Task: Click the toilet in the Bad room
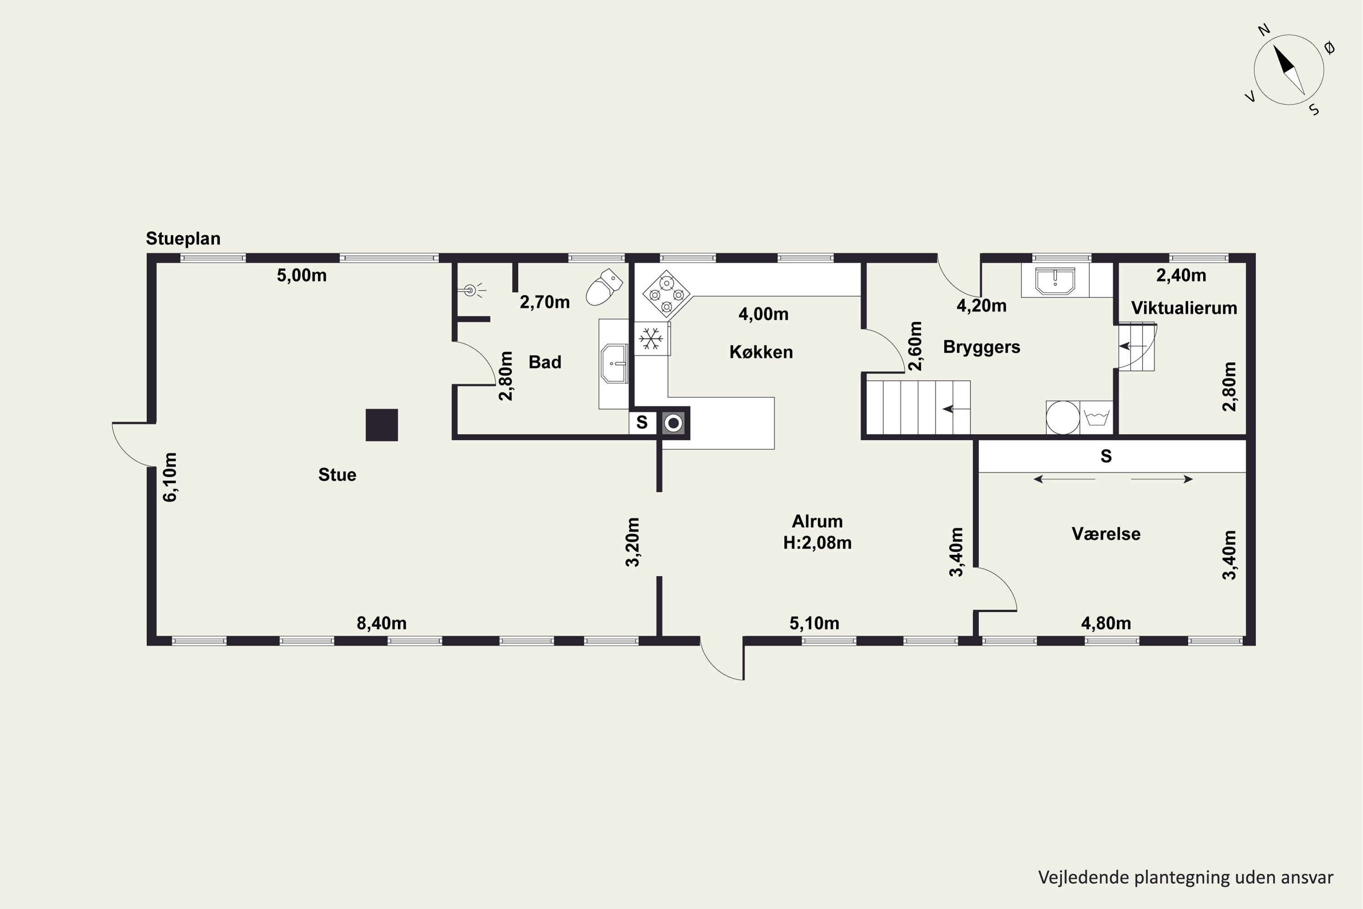point(603,287)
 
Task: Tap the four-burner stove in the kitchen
point(667,295)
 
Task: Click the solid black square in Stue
point(381,425)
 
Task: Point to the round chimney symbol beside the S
point(673,423)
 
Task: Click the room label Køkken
point(761,352)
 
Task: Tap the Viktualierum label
point(1184,308)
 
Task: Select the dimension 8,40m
point(381,623)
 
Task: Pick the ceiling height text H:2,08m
point(817,543)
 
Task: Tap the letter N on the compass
point(1264,30)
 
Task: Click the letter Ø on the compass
point(1329,48)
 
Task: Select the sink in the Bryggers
point(1055,281)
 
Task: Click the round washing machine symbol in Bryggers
point(1063,417)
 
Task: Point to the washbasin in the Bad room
point(614,364)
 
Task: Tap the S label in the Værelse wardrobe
point(1106,456)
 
